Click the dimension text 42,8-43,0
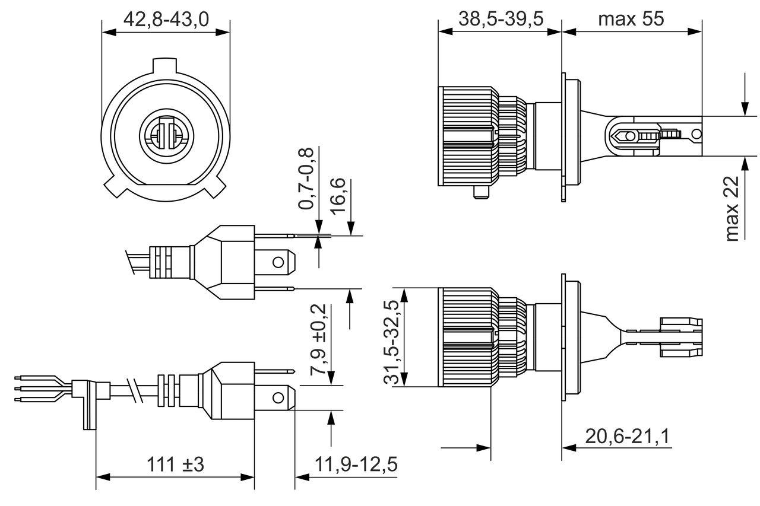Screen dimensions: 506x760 (x=166, y=20)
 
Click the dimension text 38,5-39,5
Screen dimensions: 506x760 (x=501, y=19)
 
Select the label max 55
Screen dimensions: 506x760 (x=631, y=19)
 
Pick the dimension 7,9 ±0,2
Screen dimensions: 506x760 (x=318, y=339)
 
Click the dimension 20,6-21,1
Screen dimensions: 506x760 (x=627, y=437)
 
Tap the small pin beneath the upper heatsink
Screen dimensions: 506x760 (x=481, y=193)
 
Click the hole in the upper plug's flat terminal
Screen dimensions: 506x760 (x=278, y=262)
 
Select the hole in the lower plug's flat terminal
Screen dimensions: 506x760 (x=278, y=396)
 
